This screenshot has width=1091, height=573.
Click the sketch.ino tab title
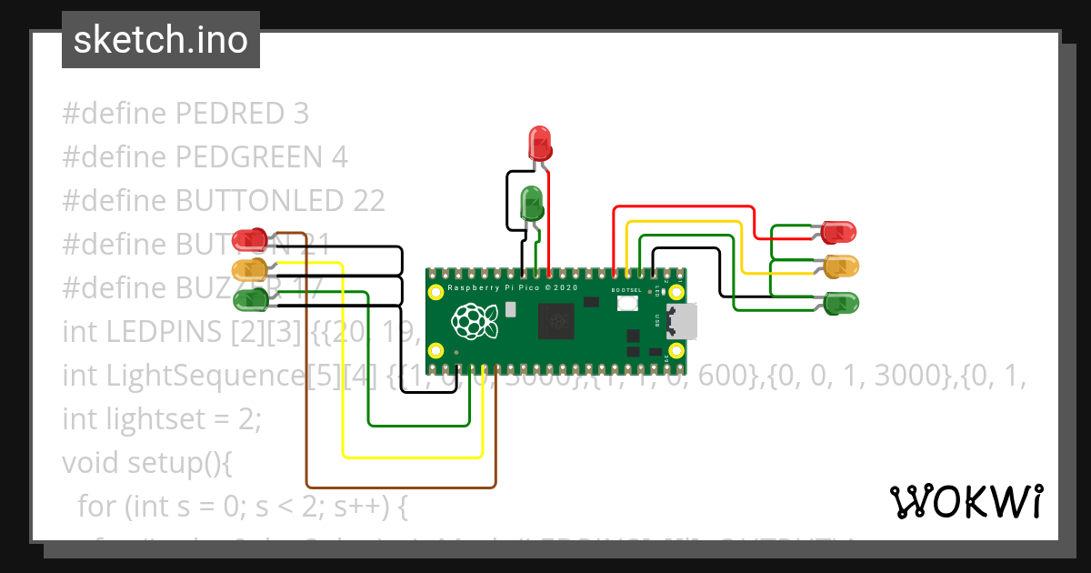161,41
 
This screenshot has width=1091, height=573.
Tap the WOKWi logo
966,501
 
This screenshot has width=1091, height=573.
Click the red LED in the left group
246,240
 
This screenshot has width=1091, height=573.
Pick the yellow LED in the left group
246,269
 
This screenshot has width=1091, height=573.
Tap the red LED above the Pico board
540,142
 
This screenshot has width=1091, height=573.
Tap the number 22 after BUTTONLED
367,201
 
